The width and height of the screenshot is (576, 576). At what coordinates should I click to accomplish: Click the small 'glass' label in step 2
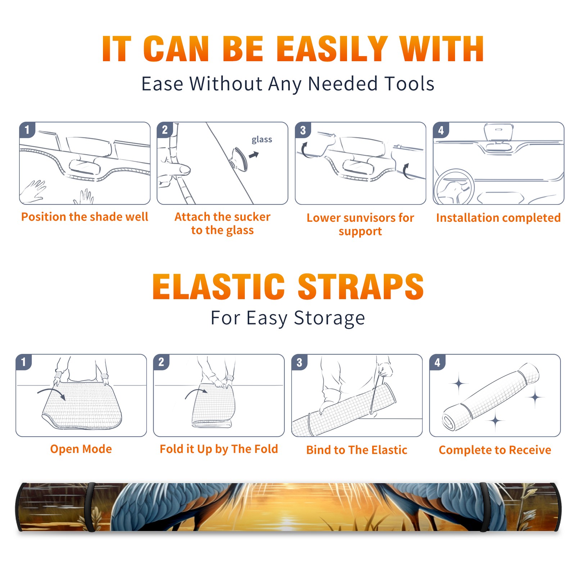coord(262,140)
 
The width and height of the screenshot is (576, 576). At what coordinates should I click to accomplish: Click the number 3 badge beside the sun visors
coord(303,130)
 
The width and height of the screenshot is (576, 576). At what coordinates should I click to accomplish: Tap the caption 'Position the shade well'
coord(85,217)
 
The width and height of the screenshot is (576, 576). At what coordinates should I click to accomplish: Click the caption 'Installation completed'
coord(498,218)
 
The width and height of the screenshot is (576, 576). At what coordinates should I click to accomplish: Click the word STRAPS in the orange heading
coord(361,287)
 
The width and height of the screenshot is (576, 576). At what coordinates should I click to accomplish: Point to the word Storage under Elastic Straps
coord(329,318)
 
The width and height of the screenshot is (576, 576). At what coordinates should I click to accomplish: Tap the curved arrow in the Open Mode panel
coord(51,394)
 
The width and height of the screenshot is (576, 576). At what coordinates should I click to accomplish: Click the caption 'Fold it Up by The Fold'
coord(219,449)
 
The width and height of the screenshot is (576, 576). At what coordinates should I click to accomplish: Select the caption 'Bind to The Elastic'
coord(357,450)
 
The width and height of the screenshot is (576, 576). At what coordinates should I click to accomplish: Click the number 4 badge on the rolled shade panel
coord(437,362)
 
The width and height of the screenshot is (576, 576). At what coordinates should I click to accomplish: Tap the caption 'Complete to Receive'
coord(495,450)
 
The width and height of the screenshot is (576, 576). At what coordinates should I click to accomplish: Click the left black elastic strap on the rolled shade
coord(90,507)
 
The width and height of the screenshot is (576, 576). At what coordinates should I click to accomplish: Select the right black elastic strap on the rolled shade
coord(485,507)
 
